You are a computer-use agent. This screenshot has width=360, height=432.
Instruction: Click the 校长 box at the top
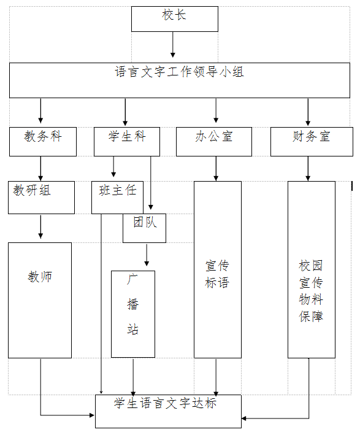pyautogui.click(x=175, y=19)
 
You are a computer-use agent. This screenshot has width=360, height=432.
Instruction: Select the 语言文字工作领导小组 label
pyautogui.click(x=179, y=72)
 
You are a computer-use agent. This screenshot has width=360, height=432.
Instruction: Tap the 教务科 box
pyautogui.click(x=43, y=142)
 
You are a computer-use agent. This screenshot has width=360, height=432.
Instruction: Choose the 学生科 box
pyautogui.click(x=127, y=142)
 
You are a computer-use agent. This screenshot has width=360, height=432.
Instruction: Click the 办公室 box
pyautogui.click(x=214, y=142)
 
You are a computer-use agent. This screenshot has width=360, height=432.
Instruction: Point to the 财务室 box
pyautogui.click(x=312, y=142)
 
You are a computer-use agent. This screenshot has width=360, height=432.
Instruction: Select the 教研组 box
pyautogui.click(x=41, y=197)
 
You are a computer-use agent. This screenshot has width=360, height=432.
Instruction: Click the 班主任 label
pyautogui.click(x=118, y=190)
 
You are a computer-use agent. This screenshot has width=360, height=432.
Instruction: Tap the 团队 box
pyautogui.click(x=144, y=228)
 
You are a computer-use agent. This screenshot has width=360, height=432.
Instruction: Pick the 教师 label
pyautogui.click(x=40, y=276)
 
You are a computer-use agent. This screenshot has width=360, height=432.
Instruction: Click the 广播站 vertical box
pyautogui.click(x=133, y=314)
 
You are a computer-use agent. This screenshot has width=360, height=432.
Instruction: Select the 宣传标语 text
pyautogui.click(x=217, y=274)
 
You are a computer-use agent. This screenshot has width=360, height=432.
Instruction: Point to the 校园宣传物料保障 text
pyautogui.click(x=311, y=291)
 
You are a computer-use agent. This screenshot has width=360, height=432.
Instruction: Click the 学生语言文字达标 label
pyautogui.click(x=165, y=403)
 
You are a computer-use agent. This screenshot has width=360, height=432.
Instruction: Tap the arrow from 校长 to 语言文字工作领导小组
pyautogui.click(x=173, y=45)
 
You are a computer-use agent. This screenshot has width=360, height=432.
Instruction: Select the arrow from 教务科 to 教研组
pyautogui.click(x=40, y=169)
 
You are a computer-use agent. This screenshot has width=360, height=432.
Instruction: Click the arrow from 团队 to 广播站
pyautogui.click(x=147, y=255)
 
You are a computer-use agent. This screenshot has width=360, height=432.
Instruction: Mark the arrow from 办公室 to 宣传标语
pyautogui.click(x=216, y=169)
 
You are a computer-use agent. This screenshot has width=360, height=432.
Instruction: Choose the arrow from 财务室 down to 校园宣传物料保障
pyautogui.click(x=308, y=169)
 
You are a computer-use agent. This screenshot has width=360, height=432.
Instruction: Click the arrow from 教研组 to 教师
pyautogui.click(x=40, y=227)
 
